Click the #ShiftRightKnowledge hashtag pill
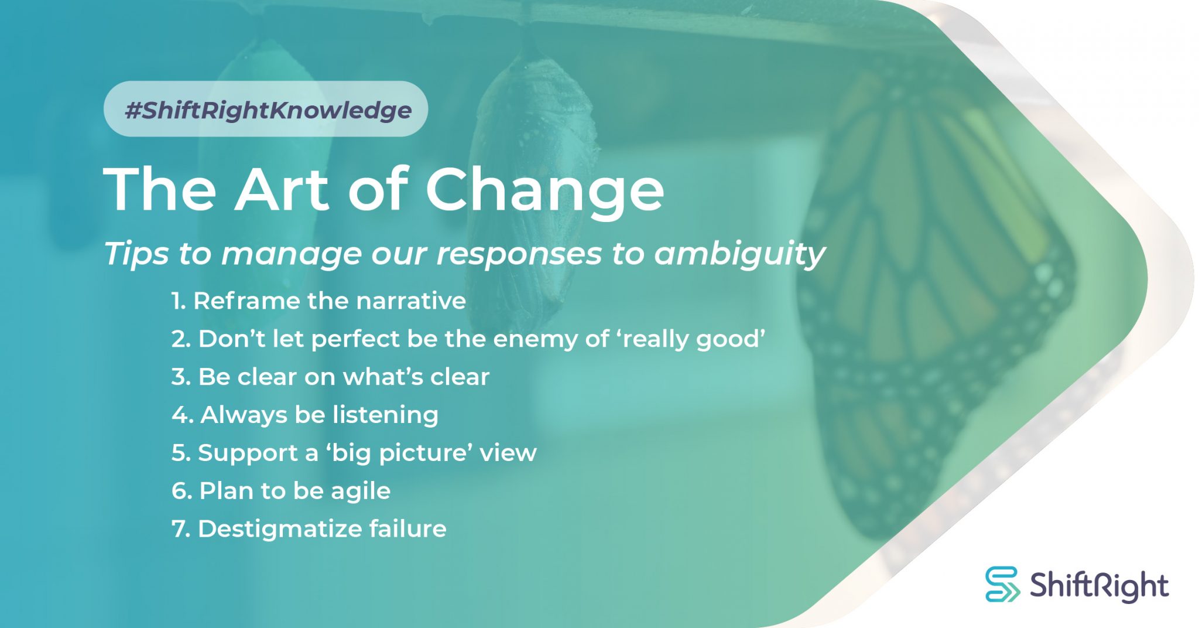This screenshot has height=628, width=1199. pos(266,110)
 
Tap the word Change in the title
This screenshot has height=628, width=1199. pos(544,189)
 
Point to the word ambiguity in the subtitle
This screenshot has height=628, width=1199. pos(739,254)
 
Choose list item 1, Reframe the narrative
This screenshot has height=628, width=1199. pos(318,301)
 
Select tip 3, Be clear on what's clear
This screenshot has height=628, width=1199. pos(330,377)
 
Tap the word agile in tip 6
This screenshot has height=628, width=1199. pos(360,491)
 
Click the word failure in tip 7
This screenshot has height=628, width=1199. pos(407,529)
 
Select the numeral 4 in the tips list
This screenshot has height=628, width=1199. pos(179,415)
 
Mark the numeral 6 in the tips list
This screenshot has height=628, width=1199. pos(179,491)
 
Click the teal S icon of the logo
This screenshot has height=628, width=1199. pos(1002,584)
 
